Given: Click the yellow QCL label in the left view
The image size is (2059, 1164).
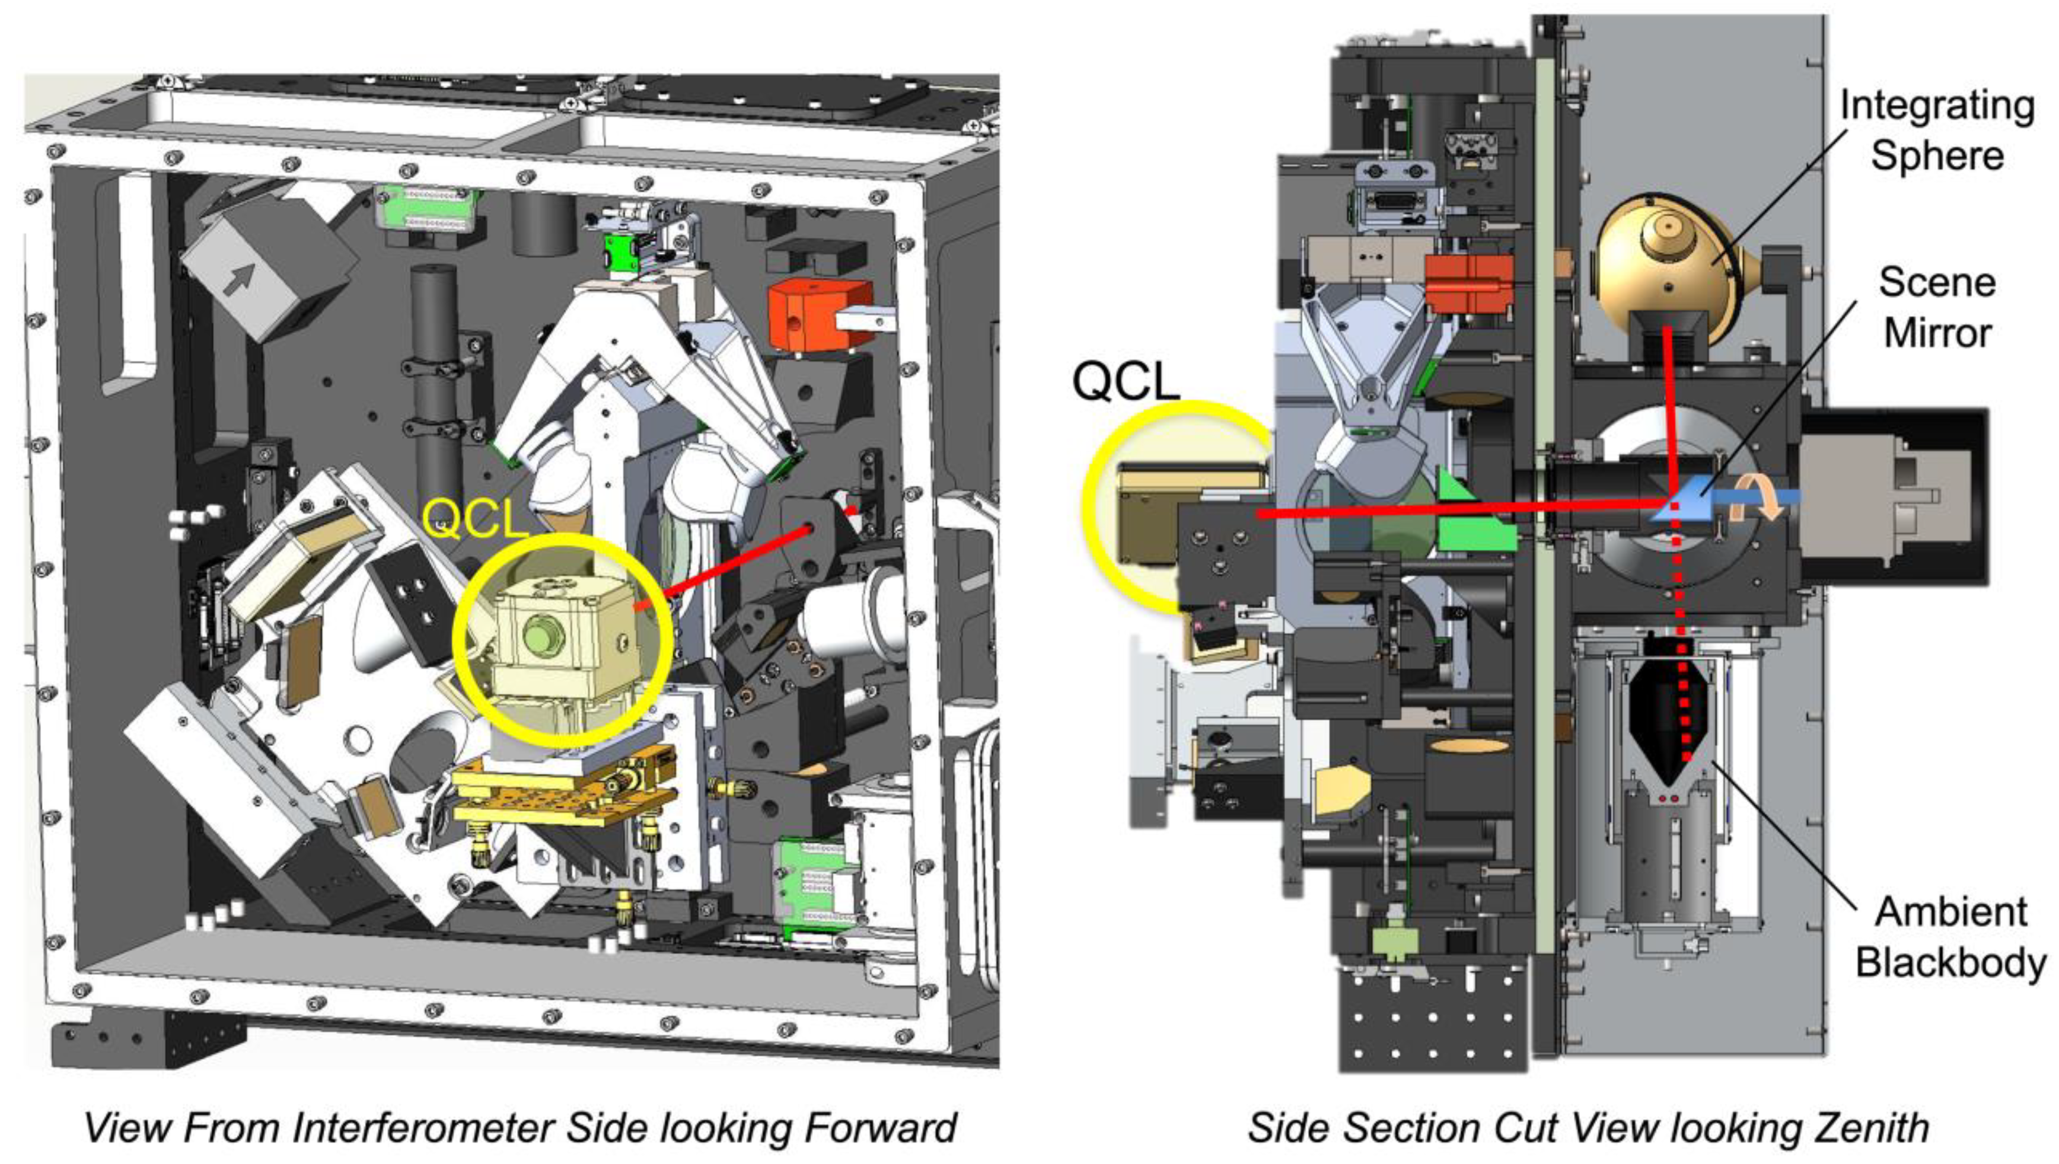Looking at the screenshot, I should click(475, 519).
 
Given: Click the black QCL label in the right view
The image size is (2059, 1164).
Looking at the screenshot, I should click(1126, 381).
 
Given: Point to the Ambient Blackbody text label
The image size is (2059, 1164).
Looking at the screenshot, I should click(1950, 937).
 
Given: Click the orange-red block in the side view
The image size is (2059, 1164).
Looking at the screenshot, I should click(1469, 284).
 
